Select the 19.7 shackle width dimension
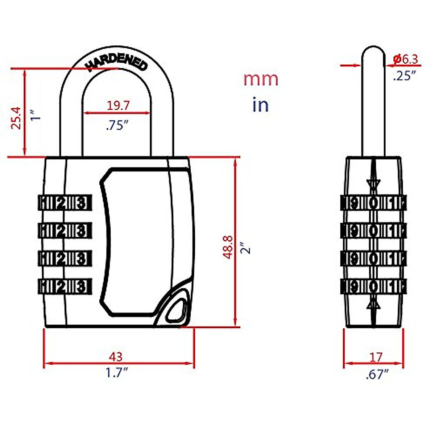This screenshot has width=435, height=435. click(118, 105)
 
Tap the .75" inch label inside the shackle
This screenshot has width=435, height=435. click(117, 125)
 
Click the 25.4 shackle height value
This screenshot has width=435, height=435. click(16, 118)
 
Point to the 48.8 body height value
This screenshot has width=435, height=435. click(228, 247)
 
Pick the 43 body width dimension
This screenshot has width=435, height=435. click(116, 357)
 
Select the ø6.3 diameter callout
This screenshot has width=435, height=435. click(405, 59)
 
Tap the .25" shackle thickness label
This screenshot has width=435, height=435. click(404, 76)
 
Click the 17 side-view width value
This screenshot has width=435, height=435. click(376, 357)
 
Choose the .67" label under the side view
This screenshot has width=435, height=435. click(377, 374)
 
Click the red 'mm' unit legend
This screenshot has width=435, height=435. click(261, 79)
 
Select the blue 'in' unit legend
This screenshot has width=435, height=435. click(260, 105)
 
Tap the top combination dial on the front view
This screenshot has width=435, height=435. click(65, 203)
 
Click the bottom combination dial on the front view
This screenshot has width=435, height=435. click(65, 286)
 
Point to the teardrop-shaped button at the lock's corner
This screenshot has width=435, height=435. click(176, 308)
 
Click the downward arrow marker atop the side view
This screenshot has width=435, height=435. click(373, 182)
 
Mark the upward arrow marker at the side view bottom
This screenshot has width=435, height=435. click(373, 306)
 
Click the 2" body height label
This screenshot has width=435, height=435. click(247, 248)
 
